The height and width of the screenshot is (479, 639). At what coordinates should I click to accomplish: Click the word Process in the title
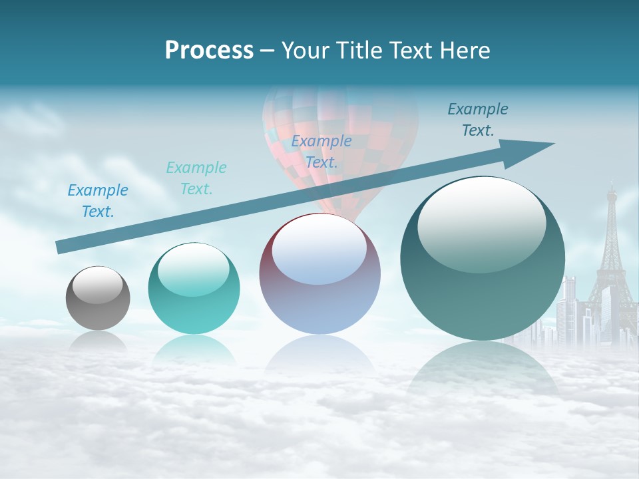click(209, 51)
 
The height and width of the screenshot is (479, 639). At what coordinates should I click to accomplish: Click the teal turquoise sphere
click(194, 293)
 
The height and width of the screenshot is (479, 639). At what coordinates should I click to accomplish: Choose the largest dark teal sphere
click(483, 266)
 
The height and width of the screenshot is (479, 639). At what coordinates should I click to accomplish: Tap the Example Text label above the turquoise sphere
click(196, 178)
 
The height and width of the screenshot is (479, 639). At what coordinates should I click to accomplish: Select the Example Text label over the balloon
click(321, 151)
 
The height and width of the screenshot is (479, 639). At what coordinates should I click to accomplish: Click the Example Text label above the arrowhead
click(478, 120)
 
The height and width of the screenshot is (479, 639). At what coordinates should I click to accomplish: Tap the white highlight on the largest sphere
click(481, 223)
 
